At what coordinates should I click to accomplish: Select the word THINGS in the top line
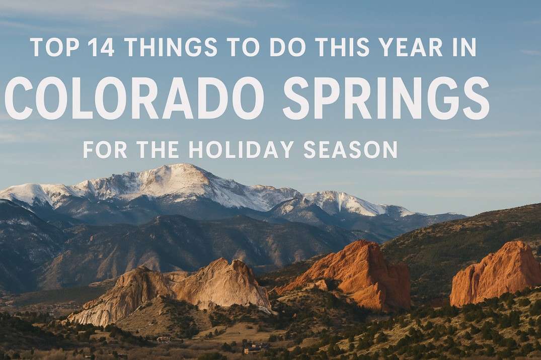(x=171, y=47)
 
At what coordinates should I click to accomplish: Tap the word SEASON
(x=349, y=150)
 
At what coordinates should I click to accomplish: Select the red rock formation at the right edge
(x=496, y=274)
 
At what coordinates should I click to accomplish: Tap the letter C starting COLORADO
(x=19, y=99)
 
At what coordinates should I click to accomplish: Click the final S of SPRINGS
(x=476, y=99)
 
